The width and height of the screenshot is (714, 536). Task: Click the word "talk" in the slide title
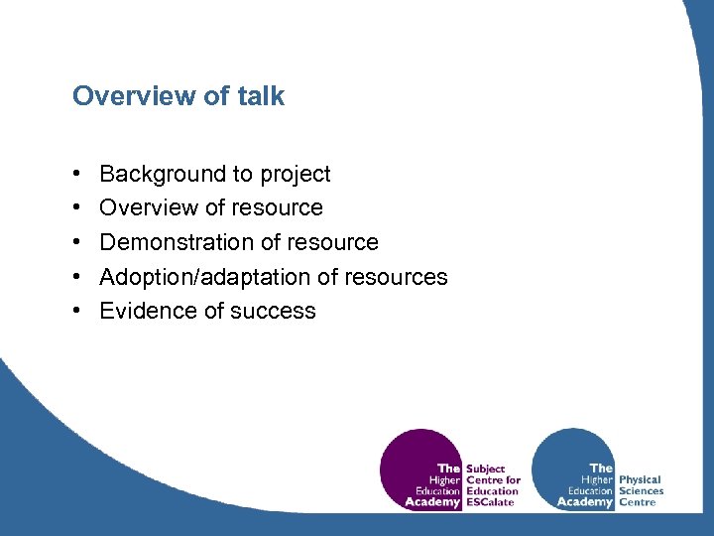(x=261, y=96)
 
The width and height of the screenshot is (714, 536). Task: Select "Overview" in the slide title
(x=127, y=96)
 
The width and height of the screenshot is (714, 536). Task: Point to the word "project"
(x=295, y=176)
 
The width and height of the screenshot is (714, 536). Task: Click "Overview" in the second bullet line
(x=149, y=208)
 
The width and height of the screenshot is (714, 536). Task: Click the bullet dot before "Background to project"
(x=77, y=175)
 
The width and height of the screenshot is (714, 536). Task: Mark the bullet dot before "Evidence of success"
(x=77, y=311)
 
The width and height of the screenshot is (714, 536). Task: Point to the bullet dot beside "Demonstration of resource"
(x=77, y=242)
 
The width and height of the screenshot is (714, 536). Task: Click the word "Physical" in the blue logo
(x=640, y=479)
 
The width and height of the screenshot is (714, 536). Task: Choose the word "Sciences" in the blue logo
(x=641, y=491)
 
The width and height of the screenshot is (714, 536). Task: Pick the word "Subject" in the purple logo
(x=485, y=469)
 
